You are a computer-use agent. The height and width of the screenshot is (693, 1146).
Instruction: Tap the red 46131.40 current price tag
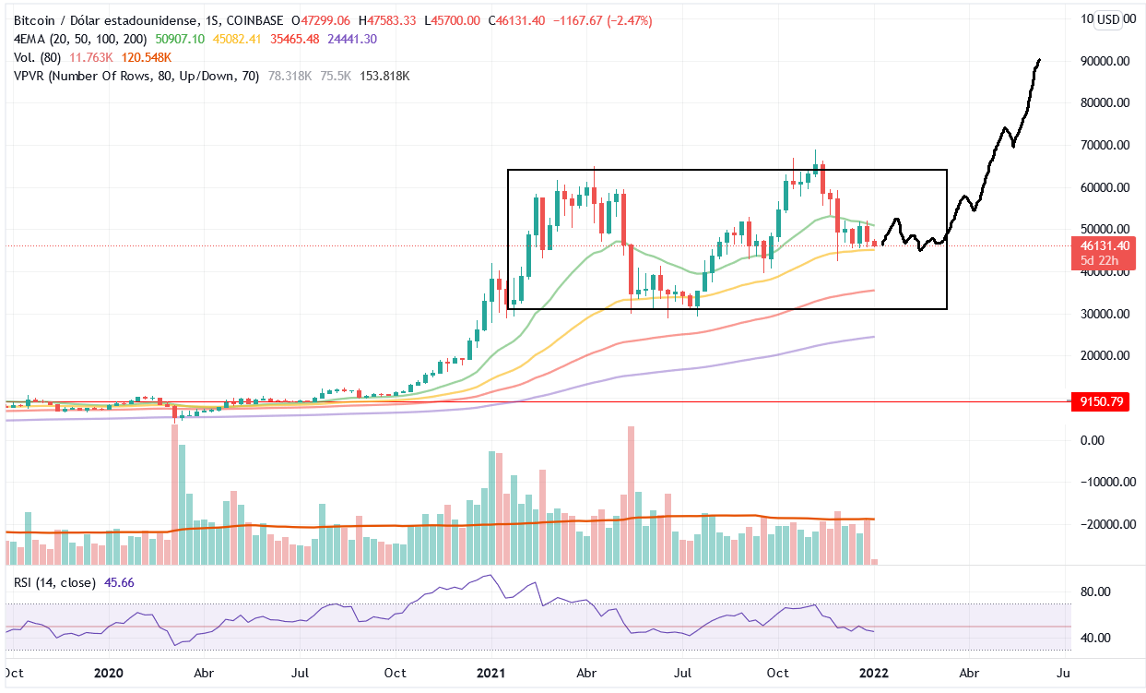[1099, 246]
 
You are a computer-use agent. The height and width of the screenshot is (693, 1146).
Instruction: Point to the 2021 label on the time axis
[491, 675]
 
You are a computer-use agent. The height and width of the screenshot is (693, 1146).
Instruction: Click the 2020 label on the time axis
[110, 675]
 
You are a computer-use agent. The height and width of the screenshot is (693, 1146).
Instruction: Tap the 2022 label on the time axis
[874, 675]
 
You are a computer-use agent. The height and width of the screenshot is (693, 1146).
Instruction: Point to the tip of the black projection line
[1040, 60]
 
